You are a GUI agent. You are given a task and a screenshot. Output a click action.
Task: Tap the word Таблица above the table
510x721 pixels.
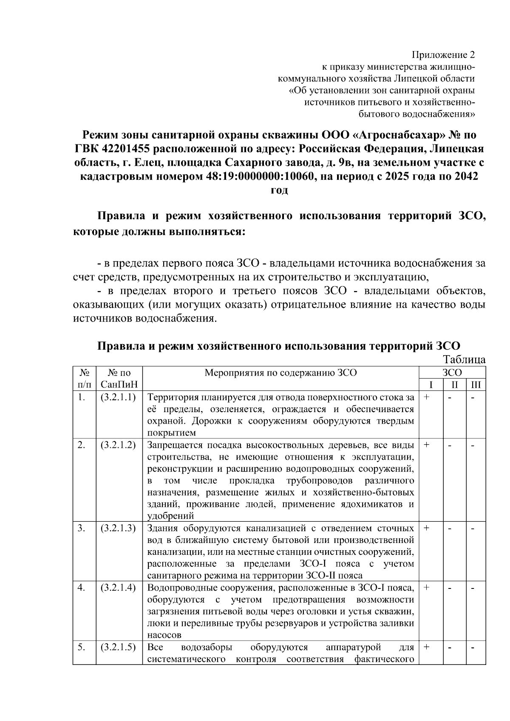click(465, 359)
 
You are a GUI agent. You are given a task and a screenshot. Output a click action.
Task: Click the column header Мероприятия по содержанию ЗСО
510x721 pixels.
click(281, 373)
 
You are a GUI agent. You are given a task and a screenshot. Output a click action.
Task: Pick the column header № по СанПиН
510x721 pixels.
click(119, 379)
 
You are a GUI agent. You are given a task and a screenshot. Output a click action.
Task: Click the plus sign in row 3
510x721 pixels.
click(426, 528)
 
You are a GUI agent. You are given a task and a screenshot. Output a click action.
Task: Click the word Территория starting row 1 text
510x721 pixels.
click(171, 398)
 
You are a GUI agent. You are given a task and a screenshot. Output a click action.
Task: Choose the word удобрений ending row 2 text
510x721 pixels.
click(170, 516)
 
